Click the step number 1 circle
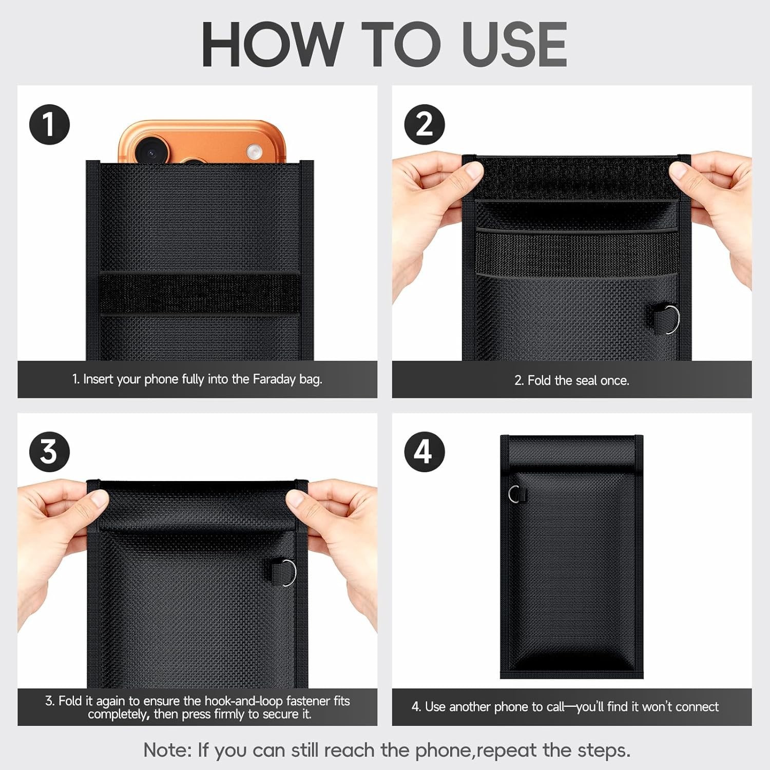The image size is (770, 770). [49, 124]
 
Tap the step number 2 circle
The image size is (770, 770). [424, 124]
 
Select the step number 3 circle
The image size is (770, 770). [49, 452]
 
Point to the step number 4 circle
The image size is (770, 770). [424, 452]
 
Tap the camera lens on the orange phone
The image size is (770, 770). [151, 152]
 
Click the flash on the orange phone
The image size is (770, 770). [253, 151]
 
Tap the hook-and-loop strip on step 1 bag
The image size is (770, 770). [200, 293]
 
